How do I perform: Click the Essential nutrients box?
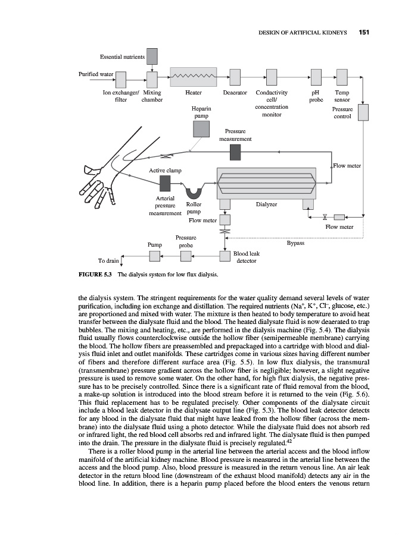(152, 56)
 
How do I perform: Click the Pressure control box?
(363, 112)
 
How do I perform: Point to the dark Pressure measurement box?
(235, 152)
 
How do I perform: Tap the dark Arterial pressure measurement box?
(157, 184)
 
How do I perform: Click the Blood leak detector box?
(225, 256)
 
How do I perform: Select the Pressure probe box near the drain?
(186, 256)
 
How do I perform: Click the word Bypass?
(295, 243)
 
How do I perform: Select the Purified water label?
(96, 74)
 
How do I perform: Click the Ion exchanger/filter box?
(121, 78)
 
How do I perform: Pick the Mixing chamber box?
(152, 78)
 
